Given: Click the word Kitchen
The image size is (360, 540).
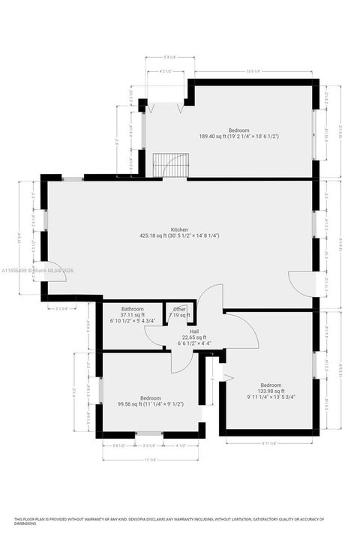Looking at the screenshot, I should [178, 229].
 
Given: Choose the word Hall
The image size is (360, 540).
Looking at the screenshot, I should [194, 331].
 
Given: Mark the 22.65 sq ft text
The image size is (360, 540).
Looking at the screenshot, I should [194, 337].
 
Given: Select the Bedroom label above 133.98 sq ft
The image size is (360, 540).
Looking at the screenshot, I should [268, 385].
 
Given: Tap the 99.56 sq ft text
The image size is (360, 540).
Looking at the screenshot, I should [150, 403].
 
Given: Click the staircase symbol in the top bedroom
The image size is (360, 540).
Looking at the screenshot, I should [163, 165].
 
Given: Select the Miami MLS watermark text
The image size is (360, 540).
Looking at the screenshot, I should [36, 270].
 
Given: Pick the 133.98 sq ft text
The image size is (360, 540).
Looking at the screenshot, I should [268, 391].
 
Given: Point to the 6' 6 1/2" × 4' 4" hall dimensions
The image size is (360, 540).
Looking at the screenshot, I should [194, 343].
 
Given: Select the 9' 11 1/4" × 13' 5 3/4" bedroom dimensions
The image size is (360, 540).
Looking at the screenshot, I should [268, 397].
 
